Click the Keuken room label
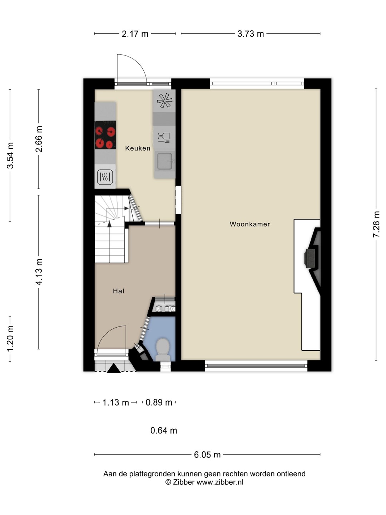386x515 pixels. (138, 148)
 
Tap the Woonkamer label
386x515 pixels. (250, 224)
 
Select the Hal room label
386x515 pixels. (119, 291)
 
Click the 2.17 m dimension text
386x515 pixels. (135, 34)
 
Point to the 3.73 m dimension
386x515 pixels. (251, 34)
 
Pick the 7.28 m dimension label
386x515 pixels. (376, 225)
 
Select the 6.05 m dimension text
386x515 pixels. (207, 455)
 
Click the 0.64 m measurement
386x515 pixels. (164, 431)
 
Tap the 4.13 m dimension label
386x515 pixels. (39, 272)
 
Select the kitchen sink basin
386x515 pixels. (165, 161)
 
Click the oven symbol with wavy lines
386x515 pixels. (105, 177)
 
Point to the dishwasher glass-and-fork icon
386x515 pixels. (164, 138)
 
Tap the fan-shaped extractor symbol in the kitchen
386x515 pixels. (164, 100)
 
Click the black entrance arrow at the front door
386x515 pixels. (114, 368)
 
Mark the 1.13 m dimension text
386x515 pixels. (116, 403)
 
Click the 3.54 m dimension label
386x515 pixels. (10, 155)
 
